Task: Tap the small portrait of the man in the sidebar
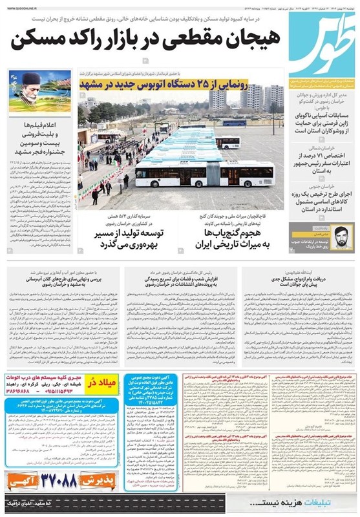343,236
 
